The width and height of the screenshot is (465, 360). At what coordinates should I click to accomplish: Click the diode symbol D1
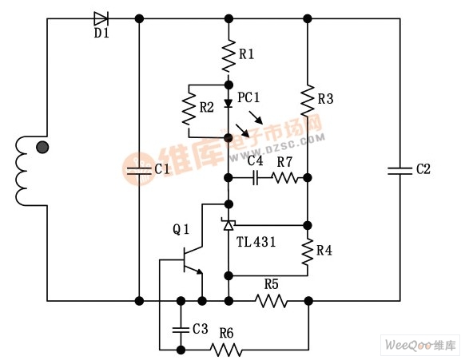click(101, 18)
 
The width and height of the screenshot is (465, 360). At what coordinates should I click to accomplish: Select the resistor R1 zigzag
click(229, 55)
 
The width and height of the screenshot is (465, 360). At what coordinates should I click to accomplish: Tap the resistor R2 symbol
click(189, 108)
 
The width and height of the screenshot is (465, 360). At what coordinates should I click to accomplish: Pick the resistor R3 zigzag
click(308, 101)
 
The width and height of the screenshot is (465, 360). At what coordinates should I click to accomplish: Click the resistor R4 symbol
click(308, 251)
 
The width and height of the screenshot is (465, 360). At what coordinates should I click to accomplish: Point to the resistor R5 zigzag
click(271, 301)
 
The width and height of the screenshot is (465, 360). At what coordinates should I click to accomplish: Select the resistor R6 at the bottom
click(226, 350)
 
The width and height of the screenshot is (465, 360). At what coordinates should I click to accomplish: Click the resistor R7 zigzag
click(285, 178)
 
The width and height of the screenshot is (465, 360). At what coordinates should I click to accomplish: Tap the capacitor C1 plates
click(139, 171)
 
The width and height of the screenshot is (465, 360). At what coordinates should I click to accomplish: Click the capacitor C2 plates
click(399, 171)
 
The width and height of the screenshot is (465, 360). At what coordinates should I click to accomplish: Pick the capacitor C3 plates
click(181, 330)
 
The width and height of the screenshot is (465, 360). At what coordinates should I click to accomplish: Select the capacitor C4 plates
click(256, 178)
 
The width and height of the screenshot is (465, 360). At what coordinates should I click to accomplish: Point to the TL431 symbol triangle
click(229, 224)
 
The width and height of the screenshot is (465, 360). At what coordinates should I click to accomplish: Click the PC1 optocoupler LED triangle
click(229, 103)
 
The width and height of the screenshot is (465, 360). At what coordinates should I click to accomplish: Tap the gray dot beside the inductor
click(42, 147)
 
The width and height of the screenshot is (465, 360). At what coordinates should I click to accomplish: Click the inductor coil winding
click(22, 171)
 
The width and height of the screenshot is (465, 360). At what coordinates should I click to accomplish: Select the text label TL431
click(256, 242)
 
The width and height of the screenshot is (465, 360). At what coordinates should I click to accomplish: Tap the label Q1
click(181, 229)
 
